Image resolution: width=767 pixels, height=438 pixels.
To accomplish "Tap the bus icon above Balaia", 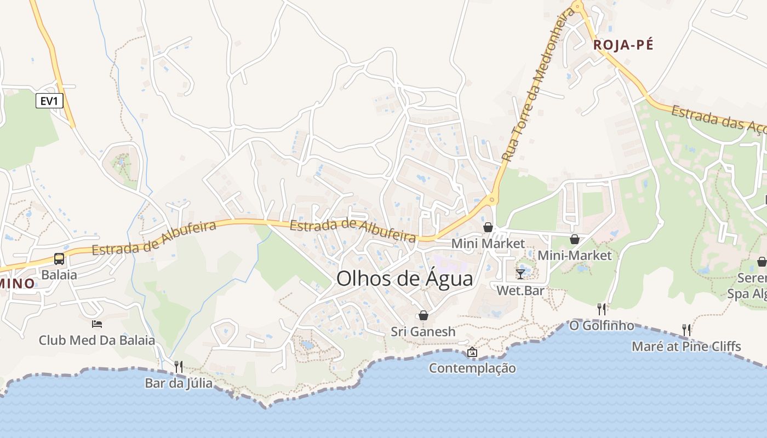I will (x=59, y=259).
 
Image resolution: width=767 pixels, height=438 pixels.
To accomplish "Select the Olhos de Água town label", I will (x=404, y=279).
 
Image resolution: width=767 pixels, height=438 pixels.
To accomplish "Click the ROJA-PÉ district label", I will (x=623, y=45).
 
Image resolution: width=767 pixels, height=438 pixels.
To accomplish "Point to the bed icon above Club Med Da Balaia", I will (x=97, y=324).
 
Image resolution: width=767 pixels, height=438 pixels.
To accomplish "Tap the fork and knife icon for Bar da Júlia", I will (x=179, y=366).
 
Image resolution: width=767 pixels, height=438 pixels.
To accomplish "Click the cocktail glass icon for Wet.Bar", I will (x=520, y=274).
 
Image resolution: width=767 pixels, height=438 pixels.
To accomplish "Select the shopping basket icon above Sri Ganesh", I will (x=423, y=315).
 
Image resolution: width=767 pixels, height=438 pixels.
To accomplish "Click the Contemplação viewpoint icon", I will (x=472, y=351).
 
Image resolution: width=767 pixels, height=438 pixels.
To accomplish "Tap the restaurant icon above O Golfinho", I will (x=602, y=309).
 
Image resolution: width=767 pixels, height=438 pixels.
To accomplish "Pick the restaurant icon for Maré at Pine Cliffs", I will (x=686, y=330).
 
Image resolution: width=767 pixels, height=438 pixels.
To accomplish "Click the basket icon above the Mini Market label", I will (x=488, y=227).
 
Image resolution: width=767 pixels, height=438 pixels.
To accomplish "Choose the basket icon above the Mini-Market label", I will (x=575, y=239).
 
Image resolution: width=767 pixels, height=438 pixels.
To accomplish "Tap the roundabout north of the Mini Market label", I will (x=491, y=200).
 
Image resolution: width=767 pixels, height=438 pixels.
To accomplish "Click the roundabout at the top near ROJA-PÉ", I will (x=577, y=7).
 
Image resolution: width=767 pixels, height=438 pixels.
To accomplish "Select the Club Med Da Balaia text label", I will (x=97, y=340).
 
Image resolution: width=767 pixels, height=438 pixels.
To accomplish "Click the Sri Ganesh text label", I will (x=423, y=331).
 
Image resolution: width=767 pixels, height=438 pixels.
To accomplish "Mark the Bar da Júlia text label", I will (x=179, y=383).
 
